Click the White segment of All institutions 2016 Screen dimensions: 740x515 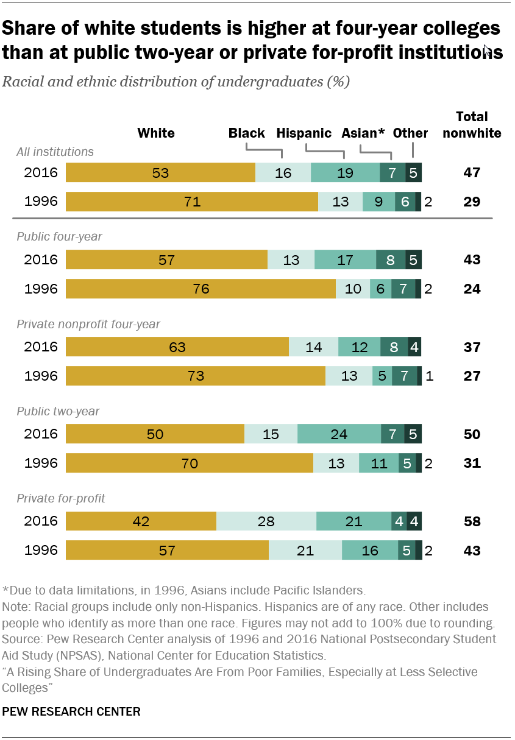[x=160, y=172]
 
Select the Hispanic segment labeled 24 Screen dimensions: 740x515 [x=339, y=434]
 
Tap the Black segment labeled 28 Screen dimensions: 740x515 [x=266, y=521]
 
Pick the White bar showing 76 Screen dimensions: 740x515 [x=201, y=289]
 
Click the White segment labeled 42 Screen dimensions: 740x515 [x=141, y=521]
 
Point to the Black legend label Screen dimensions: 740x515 [x=246, y=133]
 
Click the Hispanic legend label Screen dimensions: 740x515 [x=304, y=133]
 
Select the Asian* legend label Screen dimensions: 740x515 [x=363, y=133]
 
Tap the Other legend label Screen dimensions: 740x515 [x=410, y=133]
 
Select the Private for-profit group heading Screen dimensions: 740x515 [x=61, y=498]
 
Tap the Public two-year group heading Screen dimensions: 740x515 [x=58, y=411]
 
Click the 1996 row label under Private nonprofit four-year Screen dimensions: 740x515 [x=41, y=376]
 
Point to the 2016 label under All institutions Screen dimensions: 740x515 [x=41, y=172]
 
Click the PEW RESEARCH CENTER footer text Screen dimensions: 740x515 [x=71, y=711]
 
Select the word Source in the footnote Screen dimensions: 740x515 [x=19, y=640]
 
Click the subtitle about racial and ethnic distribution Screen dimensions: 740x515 [x=176, y=82]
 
